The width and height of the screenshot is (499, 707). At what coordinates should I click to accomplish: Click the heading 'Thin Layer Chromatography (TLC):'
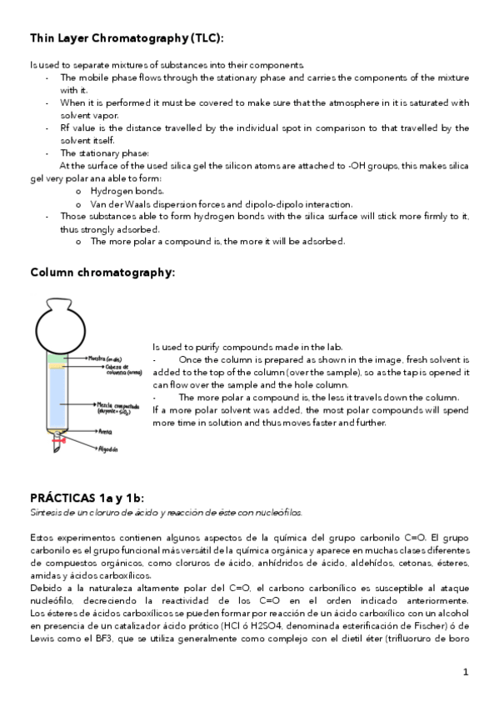point(127,38)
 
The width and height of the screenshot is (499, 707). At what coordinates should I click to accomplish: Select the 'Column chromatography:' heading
point(102,273)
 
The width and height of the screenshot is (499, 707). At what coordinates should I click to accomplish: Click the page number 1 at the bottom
point(467,672)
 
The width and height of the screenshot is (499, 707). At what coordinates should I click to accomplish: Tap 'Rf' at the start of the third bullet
point(65,128)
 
